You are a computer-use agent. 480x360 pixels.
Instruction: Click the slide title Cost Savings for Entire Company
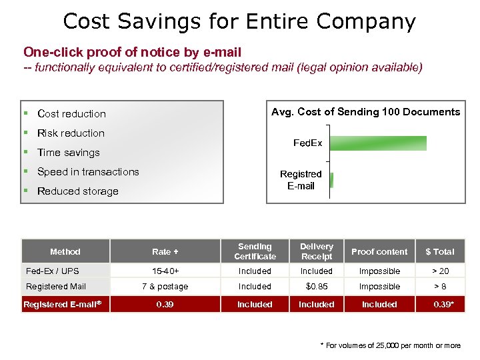[x=239, y=21]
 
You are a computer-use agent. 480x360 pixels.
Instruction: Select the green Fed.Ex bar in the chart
[x=378, y=143]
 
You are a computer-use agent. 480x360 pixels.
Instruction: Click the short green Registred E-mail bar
[x=331, y=180]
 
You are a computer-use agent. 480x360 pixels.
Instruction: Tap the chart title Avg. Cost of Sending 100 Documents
[x=365, y=112]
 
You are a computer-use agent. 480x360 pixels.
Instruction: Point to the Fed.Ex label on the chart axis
[x=307, y=143]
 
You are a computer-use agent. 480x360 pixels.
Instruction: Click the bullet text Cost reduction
[x=71, y=114]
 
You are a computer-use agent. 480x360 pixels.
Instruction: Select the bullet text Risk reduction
[x=71, y=133]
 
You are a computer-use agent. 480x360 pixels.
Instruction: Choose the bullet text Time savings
[x=68, y=153]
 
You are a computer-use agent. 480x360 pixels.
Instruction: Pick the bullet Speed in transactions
[x=88, y=172]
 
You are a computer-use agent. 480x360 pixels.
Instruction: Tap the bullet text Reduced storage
[x=77, y=191]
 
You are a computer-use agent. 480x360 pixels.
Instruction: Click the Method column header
[x=65, y=252]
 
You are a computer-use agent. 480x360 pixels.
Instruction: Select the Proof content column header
[x=379, y=252]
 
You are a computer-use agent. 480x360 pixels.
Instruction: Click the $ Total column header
[x=440, y=252]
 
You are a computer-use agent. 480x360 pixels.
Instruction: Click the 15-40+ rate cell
[x=165, y=271]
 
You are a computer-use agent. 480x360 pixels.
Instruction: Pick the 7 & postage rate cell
[x=165, y=287]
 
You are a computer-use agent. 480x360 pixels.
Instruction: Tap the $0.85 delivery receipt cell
[x=316, y=287]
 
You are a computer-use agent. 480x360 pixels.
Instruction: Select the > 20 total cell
[x=440, y=271]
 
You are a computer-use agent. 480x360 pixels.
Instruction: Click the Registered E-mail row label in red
[x=61, y=305]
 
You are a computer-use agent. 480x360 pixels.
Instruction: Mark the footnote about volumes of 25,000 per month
[x=390, y=345]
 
